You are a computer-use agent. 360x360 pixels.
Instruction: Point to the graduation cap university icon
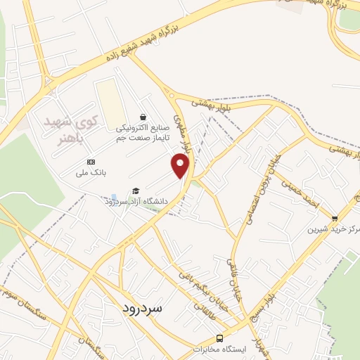click(135, 191)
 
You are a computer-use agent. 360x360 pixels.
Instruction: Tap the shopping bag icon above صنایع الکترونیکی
click(143, 117)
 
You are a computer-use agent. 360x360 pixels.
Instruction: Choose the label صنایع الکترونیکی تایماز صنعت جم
click(143, 134)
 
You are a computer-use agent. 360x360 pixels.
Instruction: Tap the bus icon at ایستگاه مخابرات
click(219, 337)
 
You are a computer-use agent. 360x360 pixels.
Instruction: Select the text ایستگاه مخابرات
click(219, 349)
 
